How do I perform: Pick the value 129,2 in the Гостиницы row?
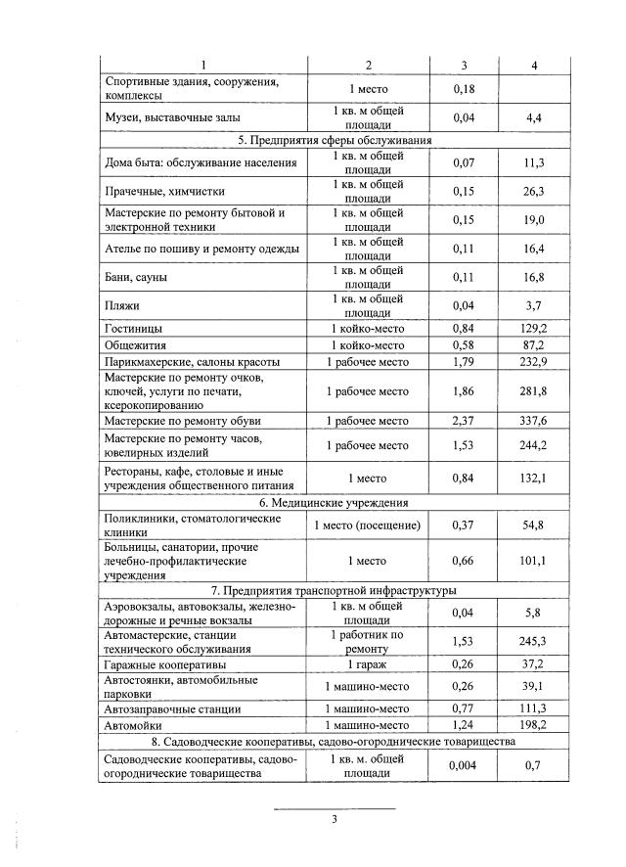coord(533,328)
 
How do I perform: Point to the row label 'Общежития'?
coord(135,345)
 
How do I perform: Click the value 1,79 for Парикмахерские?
coord(464,362)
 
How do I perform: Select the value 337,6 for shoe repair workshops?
coord(533,421)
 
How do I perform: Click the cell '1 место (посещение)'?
coord(368,525)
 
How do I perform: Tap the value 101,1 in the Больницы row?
coord(533,561)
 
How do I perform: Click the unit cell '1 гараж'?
coord(368,664)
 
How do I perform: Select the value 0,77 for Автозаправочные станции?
coord(464,707)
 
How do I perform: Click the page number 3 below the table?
coord(334,820)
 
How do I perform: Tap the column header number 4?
coord(533,65)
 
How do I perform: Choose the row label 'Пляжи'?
coord(122,305)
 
